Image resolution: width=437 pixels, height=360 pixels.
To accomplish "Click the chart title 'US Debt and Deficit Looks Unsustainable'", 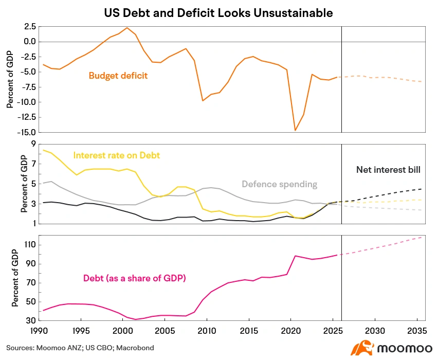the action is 218,13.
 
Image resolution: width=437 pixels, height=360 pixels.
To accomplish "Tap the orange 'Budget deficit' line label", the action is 118,76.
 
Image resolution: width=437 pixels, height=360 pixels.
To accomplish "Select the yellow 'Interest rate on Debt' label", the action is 117,155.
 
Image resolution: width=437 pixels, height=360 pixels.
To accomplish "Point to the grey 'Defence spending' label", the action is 279,184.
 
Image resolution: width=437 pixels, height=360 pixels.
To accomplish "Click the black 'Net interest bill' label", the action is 388,170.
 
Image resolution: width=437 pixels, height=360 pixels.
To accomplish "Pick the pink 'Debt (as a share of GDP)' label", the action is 135,278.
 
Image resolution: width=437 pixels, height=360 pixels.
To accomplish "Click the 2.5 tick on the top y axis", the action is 30,27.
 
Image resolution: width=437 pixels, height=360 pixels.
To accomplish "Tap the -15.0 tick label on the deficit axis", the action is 26,132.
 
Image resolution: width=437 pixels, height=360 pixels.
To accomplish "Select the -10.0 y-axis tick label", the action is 26,102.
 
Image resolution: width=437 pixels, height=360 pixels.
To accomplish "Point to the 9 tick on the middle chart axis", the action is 34,144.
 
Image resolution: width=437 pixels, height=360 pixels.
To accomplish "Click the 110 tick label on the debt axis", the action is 30,245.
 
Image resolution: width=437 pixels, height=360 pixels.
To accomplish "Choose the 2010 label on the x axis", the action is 207,331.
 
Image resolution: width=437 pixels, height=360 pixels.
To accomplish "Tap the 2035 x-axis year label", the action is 417,331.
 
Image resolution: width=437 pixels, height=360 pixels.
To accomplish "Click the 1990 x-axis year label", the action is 39,331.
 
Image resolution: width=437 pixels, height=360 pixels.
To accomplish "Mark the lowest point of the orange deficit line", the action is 295,130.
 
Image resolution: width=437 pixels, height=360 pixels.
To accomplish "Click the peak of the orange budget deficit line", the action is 127,28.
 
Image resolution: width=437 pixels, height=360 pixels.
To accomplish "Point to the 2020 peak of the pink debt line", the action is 295,256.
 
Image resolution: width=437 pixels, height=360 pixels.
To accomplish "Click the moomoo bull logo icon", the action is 362,348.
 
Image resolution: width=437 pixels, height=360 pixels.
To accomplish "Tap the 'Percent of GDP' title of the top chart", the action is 10,79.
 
